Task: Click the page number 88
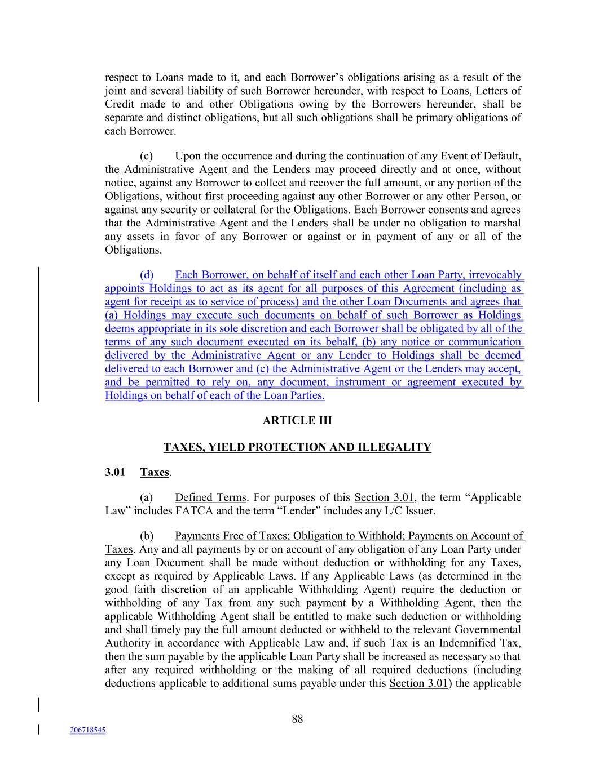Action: pyautogui.click(x=297, y=719)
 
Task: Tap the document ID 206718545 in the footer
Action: pyautogui.click(x=87, y=730)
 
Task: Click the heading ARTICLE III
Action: pyautogui.click(x=297, y=420)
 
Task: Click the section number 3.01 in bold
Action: pyautogui.click(x=114, y=472)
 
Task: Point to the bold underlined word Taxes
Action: pyautogui.click(x=155, y=472)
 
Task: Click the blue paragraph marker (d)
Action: pyautogui.click(x=147, y=275)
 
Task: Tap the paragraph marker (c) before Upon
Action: pyautogui.click(x=147, y=156)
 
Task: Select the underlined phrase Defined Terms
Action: pyautogui.click(x=210, y=497)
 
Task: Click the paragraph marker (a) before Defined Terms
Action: pyautogui.click(x=147, y=497)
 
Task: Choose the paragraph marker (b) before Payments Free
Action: pyautogui.click(x=147, y=536)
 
